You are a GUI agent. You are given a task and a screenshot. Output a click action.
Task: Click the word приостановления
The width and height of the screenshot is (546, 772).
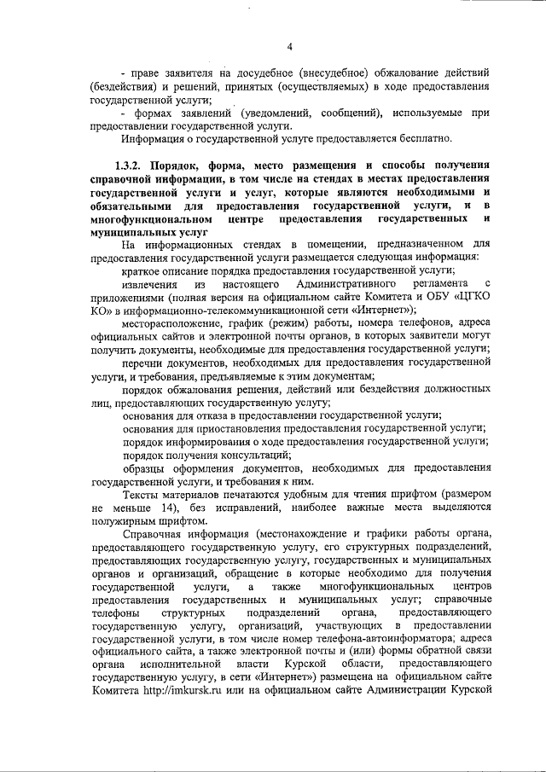(x=256, y=427)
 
